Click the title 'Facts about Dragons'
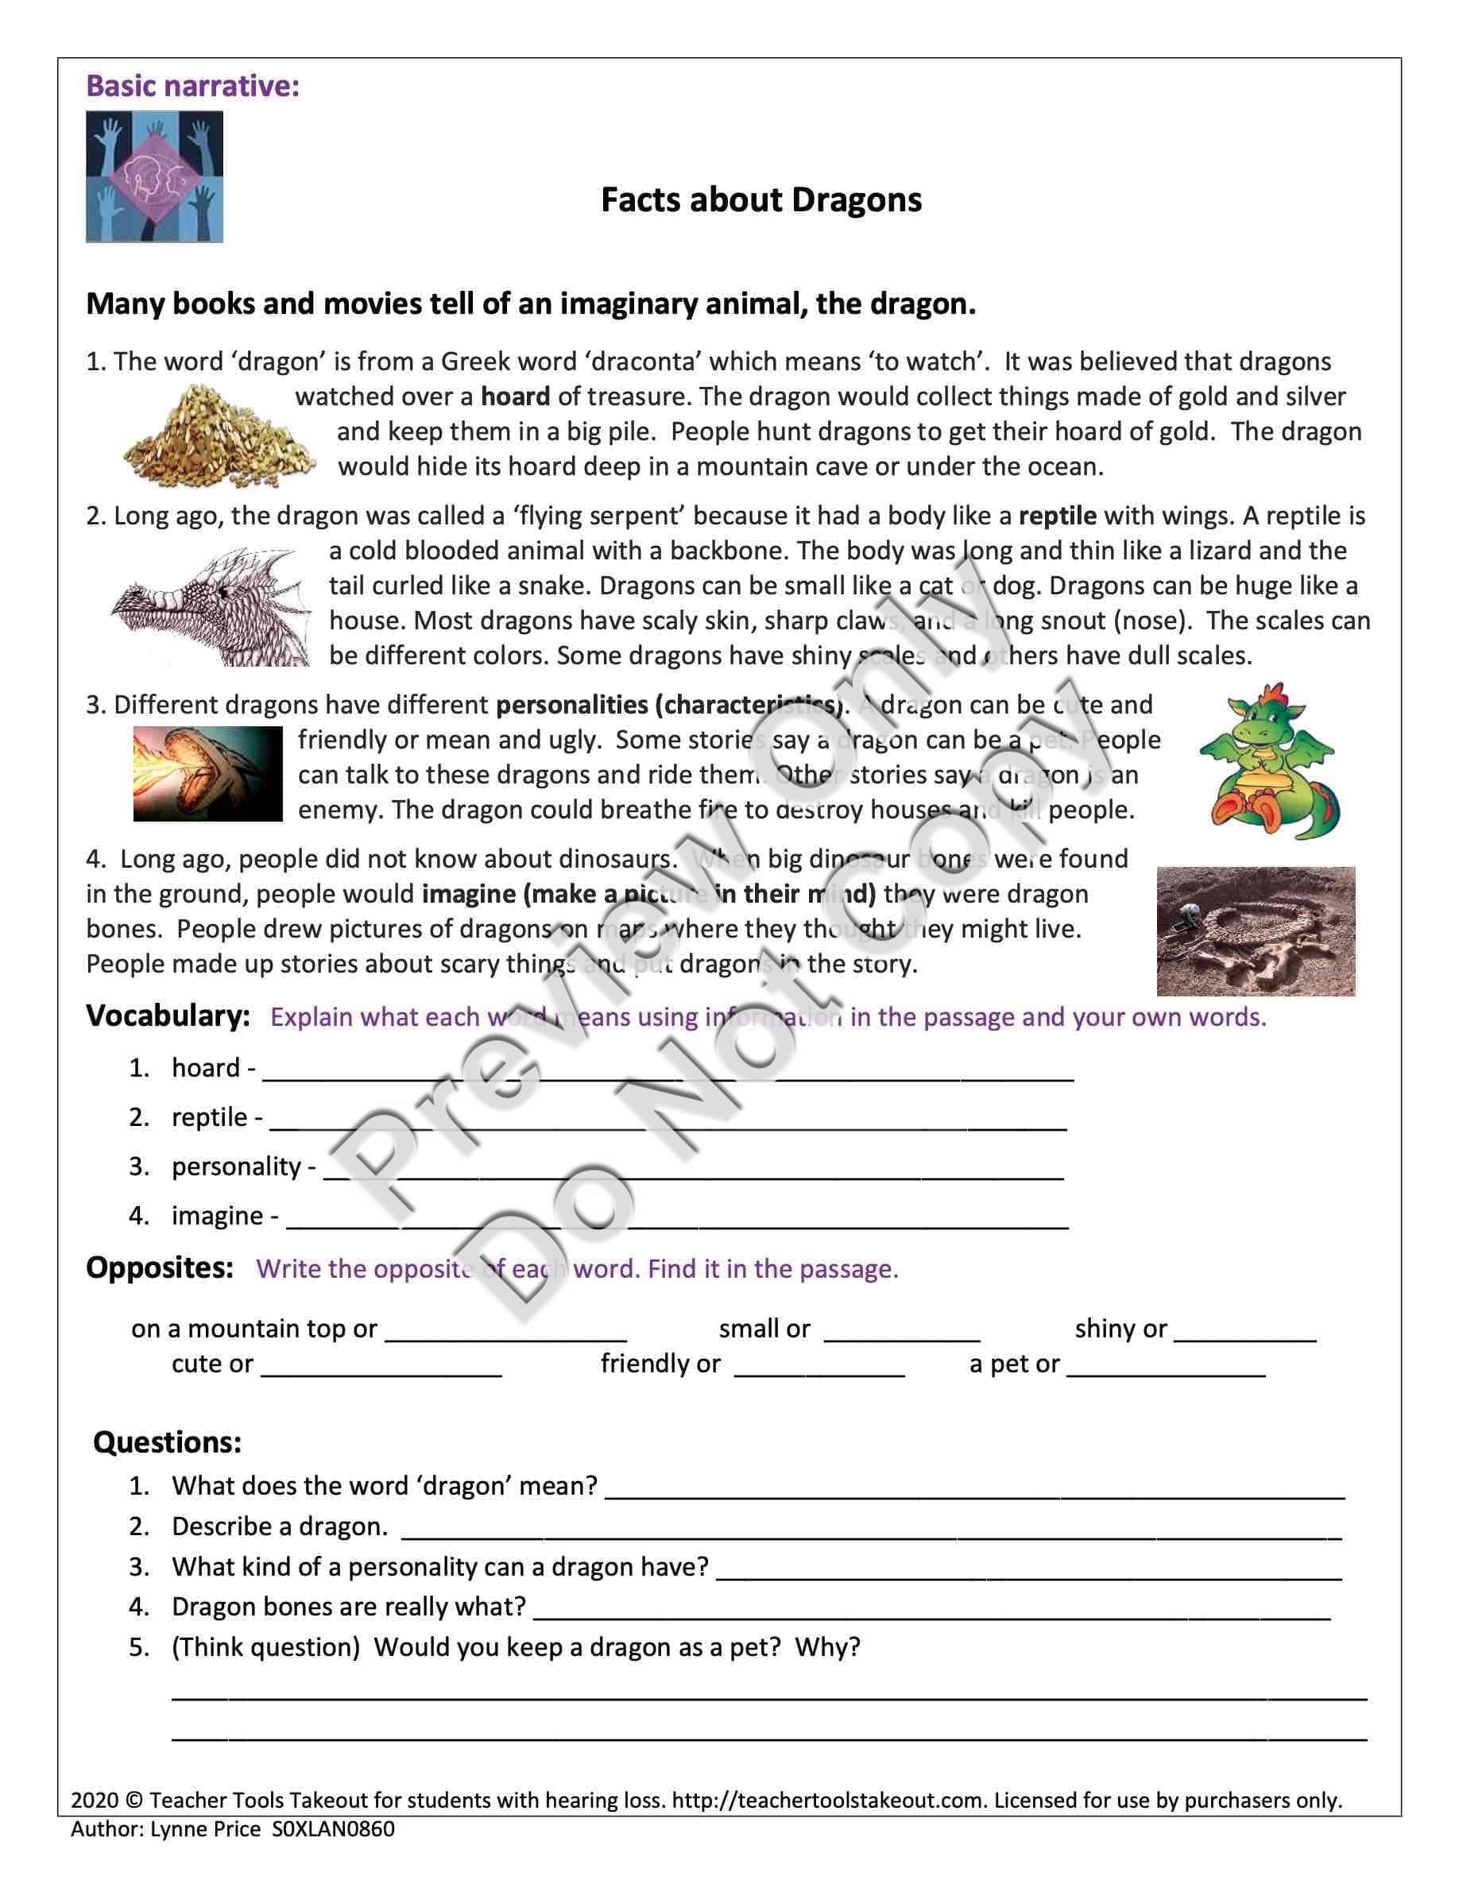coord(760,200)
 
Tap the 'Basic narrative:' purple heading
coord(193,87)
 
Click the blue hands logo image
coord(155,176)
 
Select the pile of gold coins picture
coord(219,436)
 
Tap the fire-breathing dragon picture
coord(207,774)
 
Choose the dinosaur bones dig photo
coord(1256,931)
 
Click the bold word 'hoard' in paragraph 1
coord(515,397)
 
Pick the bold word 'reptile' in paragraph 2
coord(1057,516)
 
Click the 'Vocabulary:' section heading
coord(168,1016)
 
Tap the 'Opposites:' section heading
coord(160,1268)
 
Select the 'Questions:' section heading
coord(167,1442)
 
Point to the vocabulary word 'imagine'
coord(217,1216)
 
